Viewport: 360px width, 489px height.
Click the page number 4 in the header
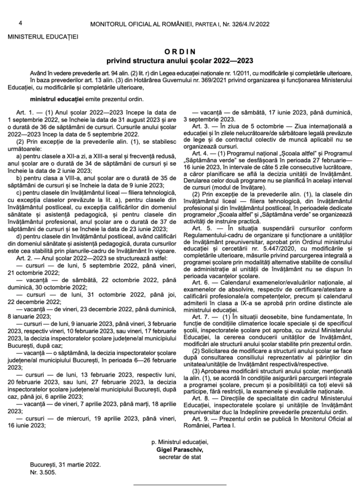click(21, 22)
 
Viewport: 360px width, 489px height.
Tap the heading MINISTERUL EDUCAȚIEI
click(42, 36)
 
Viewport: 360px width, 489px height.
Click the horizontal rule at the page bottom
click(180, 486)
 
